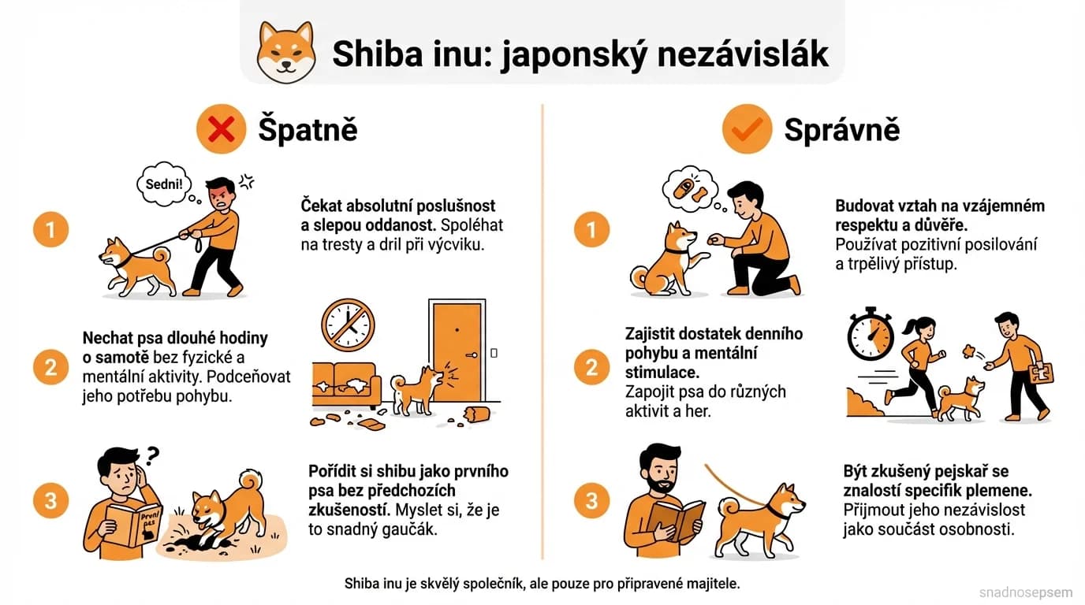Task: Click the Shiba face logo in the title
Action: [286, 52]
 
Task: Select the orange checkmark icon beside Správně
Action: [746, 128]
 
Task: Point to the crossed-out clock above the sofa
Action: [348, 325]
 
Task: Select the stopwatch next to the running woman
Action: [870, 334]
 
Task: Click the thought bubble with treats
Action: [688, 189]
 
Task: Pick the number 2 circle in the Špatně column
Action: [51, 366]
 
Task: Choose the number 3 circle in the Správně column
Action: [591, 501]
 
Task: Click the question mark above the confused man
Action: [153, 455]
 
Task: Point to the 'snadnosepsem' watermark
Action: [1026, 591]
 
